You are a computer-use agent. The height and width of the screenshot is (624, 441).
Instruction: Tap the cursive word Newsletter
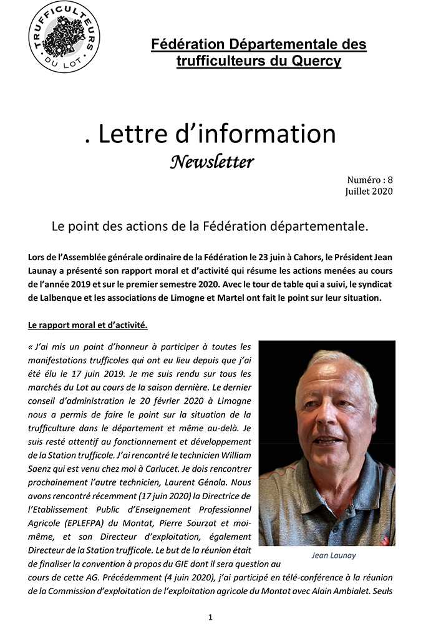(x=212, y=162)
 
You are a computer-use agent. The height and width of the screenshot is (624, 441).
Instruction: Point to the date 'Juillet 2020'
(x=369, y=192)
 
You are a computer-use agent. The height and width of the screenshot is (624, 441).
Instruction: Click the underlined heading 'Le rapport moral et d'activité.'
(x=88, y=325)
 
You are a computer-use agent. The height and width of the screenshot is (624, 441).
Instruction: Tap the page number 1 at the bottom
(x=210, y=617)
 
